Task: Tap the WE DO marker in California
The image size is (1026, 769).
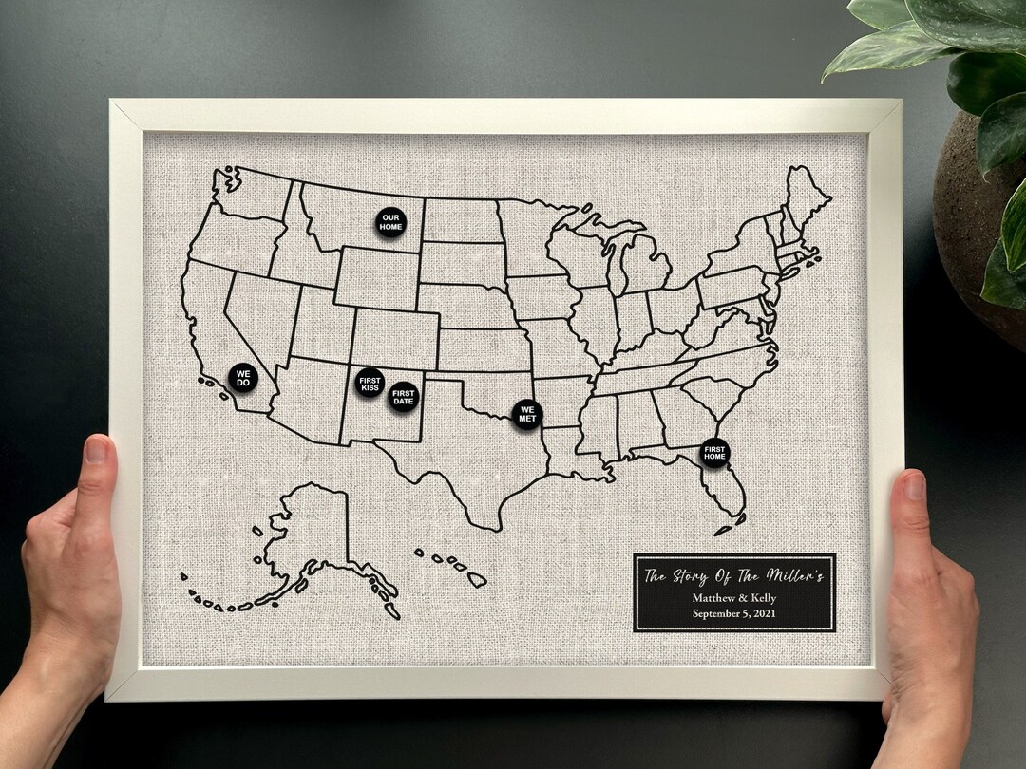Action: (x=243, y=378)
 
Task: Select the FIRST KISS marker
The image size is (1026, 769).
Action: (x=370, y=383)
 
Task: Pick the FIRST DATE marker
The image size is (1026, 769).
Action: (x=404, y=396)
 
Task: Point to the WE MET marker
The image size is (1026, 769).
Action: (x=527, y=413)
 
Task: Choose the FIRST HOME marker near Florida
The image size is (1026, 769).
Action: (x=714, y=452)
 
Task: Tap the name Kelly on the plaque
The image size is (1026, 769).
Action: (x=762, y=598)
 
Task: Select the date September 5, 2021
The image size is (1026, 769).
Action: (x=734, y=614)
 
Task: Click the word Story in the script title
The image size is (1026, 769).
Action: (x=694, y=575)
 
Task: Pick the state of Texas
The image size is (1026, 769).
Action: (x=465, y=446)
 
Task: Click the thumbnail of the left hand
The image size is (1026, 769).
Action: (x=97, y=450)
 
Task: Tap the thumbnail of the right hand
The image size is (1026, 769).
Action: (x=914, y=487)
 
